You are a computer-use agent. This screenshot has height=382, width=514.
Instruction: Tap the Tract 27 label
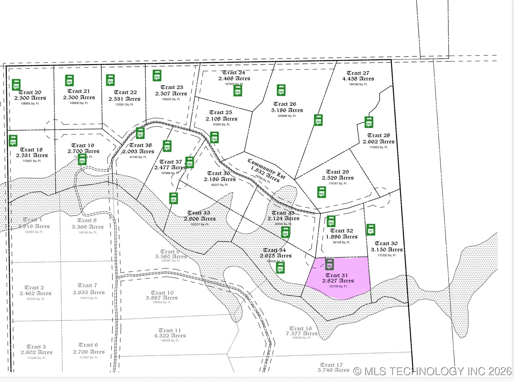[358, 73]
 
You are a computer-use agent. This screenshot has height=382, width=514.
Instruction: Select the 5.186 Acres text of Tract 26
[287, 110]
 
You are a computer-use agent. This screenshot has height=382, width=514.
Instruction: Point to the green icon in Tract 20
[16, 85]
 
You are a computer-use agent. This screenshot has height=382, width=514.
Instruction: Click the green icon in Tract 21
[69, 80]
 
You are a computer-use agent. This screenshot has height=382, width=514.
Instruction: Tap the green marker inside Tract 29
[322, 192]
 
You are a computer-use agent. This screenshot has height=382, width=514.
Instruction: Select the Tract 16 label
[300, 328]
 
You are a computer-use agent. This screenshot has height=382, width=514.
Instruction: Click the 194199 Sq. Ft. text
[358, 84]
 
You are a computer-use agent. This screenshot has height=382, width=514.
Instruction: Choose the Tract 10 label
[162, 293]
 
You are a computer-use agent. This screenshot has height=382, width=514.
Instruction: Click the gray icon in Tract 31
[330, 264]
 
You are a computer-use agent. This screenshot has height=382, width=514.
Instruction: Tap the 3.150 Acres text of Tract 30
[387, 250]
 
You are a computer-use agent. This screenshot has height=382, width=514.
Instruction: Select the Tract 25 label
[221, 112]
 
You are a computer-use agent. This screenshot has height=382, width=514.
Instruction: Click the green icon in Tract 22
[110, 80]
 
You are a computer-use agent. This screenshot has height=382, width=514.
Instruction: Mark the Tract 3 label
[36, 347]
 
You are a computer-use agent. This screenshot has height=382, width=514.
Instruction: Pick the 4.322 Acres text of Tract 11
[170, 336]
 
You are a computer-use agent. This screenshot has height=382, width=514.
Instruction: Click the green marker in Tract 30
[371, 229]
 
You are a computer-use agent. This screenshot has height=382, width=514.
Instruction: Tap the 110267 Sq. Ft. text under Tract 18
[32, 161]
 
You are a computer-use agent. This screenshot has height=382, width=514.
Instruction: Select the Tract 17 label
[331, 365]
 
